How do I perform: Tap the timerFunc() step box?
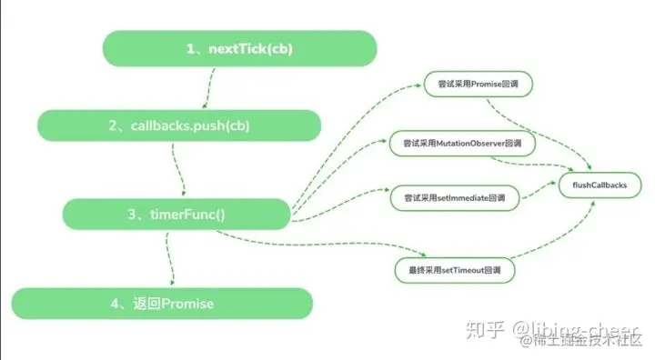click(x=176, y=214)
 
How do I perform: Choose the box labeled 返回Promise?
click(x=162, y=303)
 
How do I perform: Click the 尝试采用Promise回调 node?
click(x=477, y=86)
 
